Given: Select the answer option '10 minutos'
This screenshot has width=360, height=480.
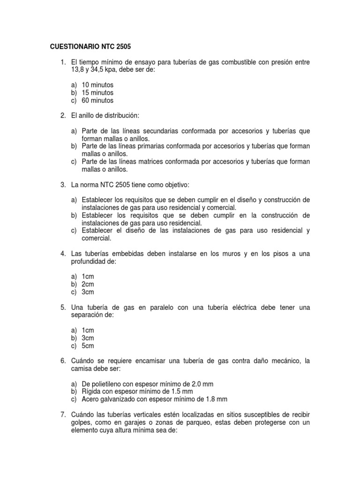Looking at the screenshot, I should (97, 85).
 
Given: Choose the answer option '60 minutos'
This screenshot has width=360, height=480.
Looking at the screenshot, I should (97, 100).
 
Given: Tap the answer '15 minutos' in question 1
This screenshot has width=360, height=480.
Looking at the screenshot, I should (97, 93).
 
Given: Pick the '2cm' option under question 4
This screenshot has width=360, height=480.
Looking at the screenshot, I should (88, 284).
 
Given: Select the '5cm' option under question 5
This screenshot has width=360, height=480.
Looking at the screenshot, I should (88, 346).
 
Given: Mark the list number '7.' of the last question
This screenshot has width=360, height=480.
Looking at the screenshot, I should (63, 415).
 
